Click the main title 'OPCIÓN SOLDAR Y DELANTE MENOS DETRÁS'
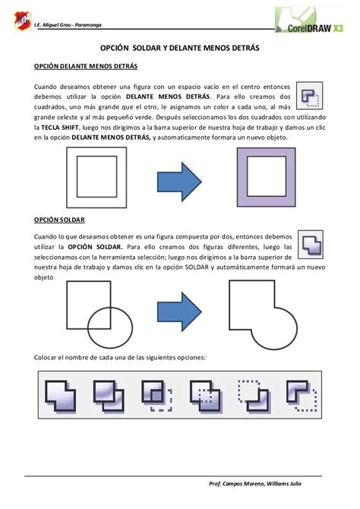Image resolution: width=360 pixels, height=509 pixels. coord(180,47)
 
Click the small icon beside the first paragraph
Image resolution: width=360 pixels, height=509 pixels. coord(309,96)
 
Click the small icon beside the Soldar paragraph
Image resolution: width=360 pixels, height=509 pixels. coord(310,243)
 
